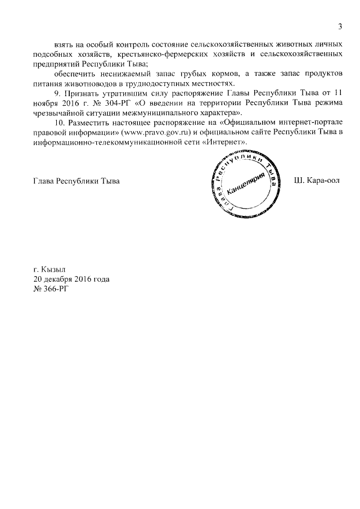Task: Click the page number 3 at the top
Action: point(340,26)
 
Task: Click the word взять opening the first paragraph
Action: point(65,44)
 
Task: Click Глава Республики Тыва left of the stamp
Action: point(77,182)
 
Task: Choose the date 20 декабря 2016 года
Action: point(71,279)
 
